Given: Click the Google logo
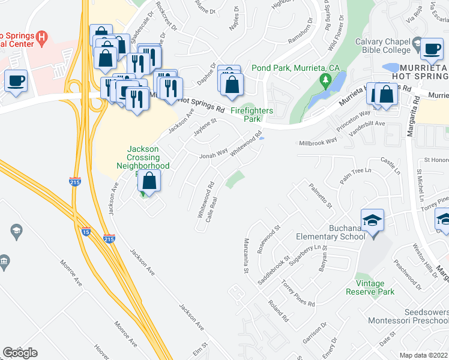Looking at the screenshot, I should point(20,353).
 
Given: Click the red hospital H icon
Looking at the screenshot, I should point(41,38).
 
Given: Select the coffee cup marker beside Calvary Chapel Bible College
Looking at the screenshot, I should point(431,49).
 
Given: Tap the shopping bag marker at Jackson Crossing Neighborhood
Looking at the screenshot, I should point(149,181).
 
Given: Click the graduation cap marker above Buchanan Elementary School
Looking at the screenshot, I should point(372,220).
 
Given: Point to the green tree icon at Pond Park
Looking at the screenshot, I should point(327,79).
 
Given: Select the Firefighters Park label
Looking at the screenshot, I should point(253,115).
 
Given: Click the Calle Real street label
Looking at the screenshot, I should point(211,210).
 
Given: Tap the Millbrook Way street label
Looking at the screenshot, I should point(318,143).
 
